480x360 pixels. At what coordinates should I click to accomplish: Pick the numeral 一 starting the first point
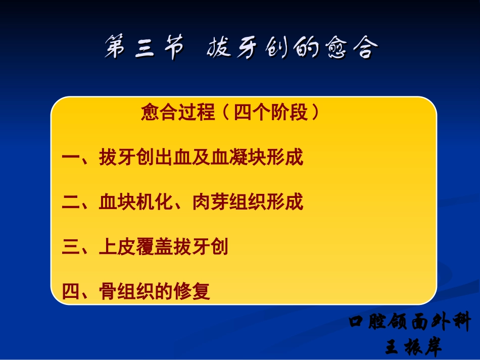(x=70, y=158)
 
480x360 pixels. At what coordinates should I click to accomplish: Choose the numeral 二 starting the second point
(x=70, y=203)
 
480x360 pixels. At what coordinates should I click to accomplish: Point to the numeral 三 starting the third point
(x=70, y=247)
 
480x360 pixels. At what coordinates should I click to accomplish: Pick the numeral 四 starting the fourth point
(x=70, y=291)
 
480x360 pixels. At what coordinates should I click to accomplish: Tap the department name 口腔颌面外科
(x=410, y=322)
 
